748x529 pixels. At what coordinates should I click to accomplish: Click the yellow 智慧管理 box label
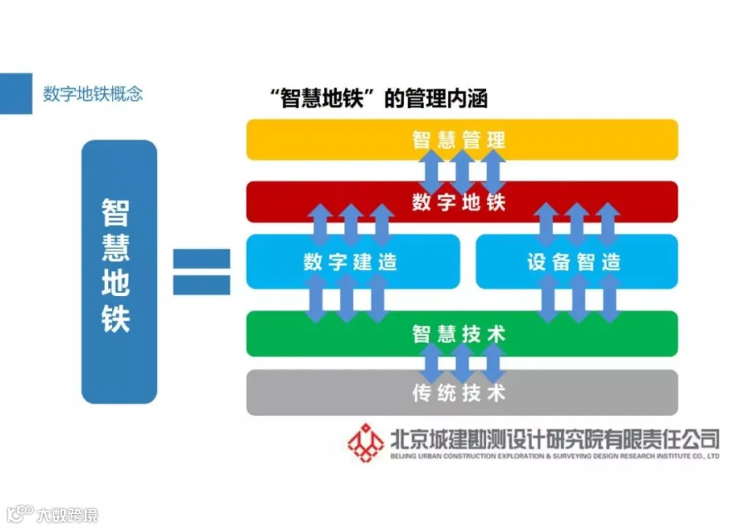(459, 140)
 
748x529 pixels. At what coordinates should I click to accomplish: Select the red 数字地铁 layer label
(459, 202)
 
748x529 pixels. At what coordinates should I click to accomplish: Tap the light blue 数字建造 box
(353, 262)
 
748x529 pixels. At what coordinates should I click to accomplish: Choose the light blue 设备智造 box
(577, 262)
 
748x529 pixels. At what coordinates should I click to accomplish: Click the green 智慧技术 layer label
(459, 334)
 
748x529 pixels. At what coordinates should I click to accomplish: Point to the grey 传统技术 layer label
(459, 393)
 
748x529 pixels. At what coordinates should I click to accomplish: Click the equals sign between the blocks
(201, 272)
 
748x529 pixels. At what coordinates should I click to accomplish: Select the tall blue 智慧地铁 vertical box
(119, 272)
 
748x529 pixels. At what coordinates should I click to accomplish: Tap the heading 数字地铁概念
(93, 94)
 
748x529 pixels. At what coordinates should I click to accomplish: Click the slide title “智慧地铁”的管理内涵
(379, 99)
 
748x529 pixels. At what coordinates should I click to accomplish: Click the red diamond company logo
(366, 442)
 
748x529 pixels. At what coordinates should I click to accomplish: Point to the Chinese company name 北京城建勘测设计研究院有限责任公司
(555, 439)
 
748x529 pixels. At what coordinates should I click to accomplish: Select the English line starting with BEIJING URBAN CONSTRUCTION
(555, 456)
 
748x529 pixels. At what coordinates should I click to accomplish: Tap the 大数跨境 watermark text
(67, 515)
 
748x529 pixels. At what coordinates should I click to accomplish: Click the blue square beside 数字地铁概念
(16, 94)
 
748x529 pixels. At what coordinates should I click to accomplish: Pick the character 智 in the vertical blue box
(116, 212)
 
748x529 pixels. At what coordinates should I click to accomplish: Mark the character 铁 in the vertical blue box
(116, 318)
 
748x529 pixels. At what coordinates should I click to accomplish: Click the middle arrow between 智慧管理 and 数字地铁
(462, 171)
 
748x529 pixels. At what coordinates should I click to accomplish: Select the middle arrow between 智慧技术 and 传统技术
(462, 363)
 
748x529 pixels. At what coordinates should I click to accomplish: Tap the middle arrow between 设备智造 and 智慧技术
(578, 299)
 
